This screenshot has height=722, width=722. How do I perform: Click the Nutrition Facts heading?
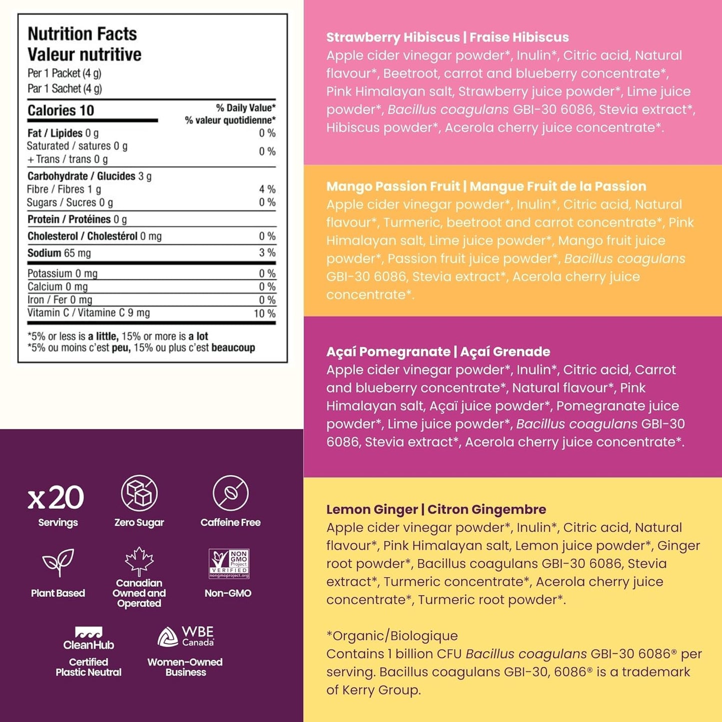[82, 34]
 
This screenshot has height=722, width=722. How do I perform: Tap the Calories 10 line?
[60, 110]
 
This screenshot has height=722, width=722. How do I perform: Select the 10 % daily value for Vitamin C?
[264, 313]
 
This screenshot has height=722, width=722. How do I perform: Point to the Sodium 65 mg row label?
[59, 253]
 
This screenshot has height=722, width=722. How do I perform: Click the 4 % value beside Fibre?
[267, 189]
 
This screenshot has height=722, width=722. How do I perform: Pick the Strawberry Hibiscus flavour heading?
[447, 37]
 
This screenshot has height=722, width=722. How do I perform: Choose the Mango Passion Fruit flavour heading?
[486, 186]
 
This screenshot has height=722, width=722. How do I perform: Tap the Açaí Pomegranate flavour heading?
[438, 352]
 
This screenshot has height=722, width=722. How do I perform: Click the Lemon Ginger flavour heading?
[436, 510]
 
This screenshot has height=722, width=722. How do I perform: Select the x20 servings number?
[56, 498]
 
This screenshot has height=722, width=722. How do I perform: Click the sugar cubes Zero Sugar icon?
[139, 493]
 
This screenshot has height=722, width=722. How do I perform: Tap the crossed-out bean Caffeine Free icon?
[230, 493]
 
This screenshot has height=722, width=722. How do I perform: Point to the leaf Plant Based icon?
[58, 562]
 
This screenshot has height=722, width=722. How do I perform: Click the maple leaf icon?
[139, 561]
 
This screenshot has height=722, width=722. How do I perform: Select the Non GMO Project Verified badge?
[229, 564]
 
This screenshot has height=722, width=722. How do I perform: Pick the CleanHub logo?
[88, 639]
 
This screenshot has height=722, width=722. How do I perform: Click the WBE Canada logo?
[185, 637]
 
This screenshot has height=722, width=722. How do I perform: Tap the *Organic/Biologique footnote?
[392, 636]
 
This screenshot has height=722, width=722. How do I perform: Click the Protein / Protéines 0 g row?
[77, 219]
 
